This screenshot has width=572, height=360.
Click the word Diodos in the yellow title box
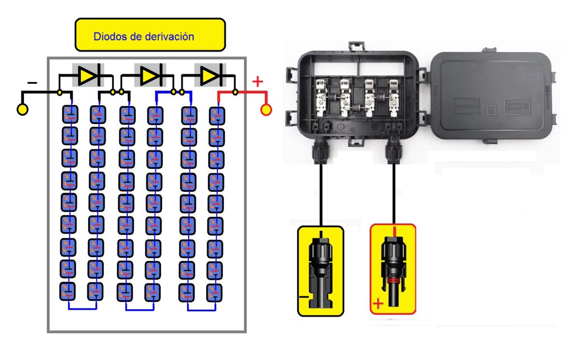click(x=109, y=37)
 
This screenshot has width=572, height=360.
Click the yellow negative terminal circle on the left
click(x=23, y=110)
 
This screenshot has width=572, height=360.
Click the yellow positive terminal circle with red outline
click(x=266, y=110)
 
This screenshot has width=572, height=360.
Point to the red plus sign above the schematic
click(x=258, y=82)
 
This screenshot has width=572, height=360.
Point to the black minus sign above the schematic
click(x=32, y=83)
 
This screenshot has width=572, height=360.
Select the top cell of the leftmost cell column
click(x=69, y=115)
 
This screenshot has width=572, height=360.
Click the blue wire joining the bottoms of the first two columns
click(x=83, y=309)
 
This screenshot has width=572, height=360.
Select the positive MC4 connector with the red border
click(x=393, y=269)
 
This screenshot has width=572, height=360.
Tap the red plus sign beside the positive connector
click(x=378, y=304)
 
